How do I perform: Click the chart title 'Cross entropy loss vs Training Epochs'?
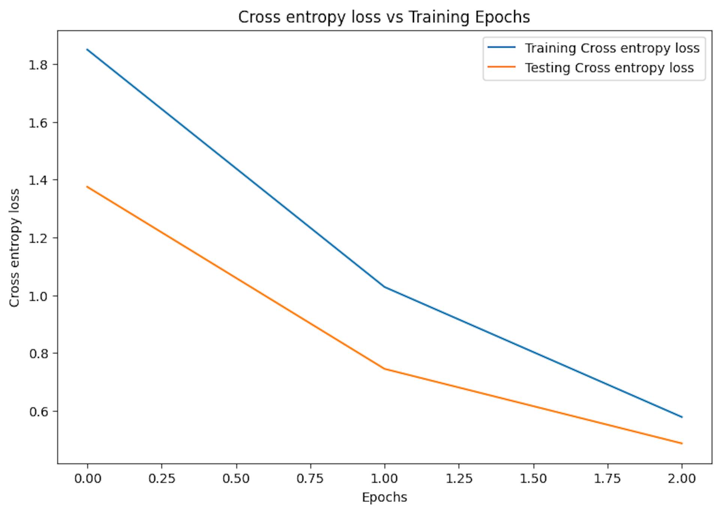384,17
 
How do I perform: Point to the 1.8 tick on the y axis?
38,65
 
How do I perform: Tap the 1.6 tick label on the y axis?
38,123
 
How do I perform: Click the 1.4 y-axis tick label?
38,180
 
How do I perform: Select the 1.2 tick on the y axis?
38,238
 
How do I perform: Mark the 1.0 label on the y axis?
38,296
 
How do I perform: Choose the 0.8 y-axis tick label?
38,354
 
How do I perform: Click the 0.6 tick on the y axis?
38,411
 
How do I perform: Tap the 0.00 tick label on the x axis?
88,479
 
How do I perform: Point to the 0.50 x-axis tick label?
236,479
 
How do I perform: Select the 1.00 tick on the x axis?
385,479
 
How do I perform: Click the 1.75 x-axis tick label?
607,479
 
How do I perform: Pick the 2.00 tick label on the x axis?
682,479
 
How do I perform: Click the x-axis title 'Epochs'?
384,498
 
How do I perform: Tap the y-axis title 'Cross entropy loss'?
14,248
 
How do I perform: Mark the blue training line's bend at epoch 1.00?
385,287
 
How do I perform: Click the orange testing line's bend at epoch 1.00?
385,369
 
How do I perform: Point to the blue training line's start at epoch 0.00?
88,49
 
